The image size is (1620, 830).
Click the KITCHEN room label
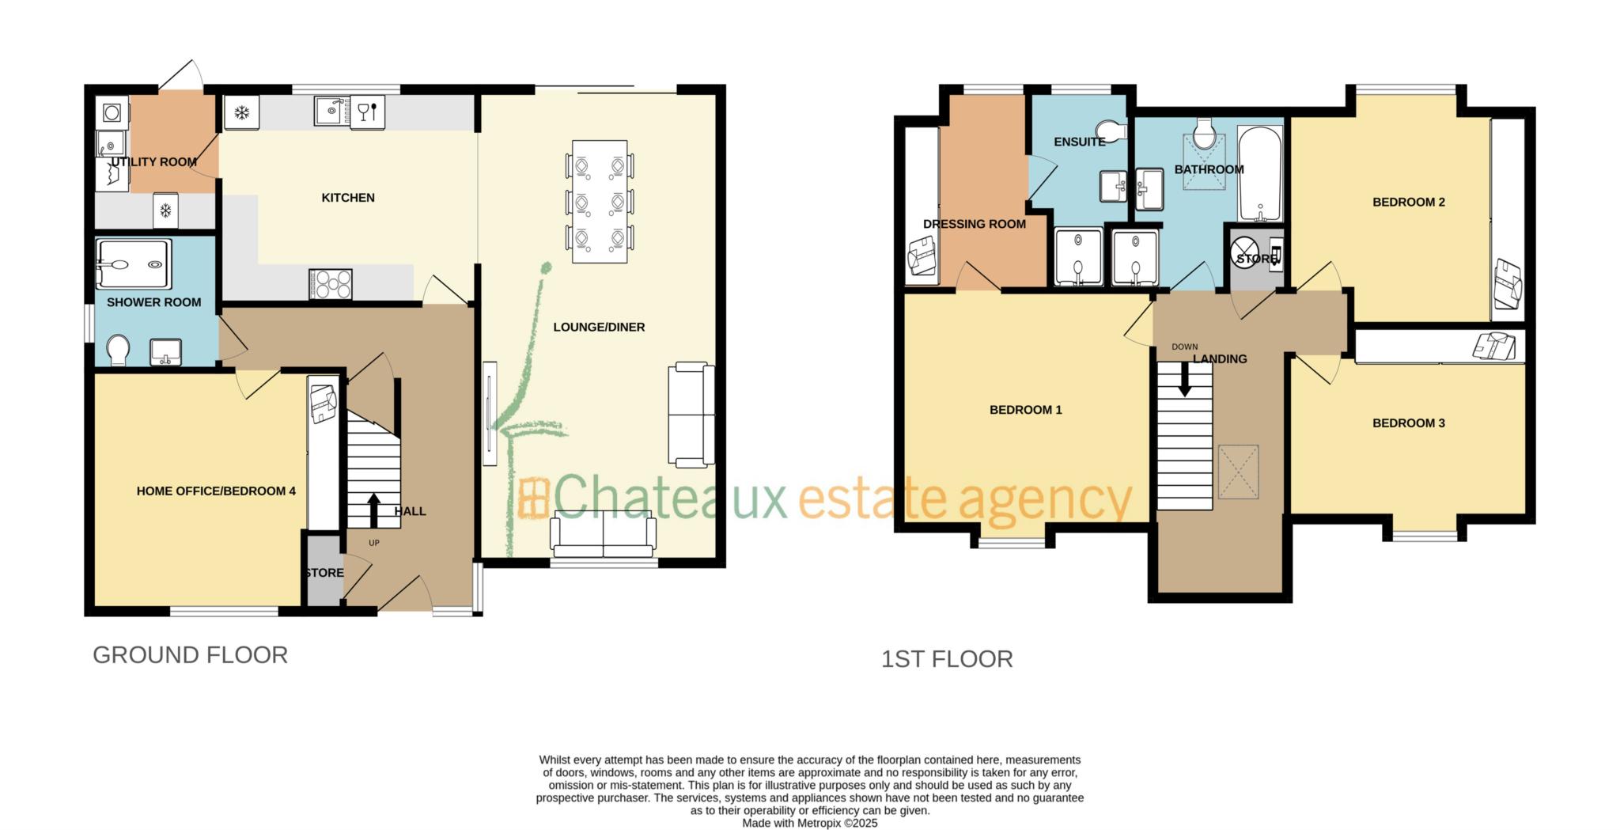pyautogui.click(x=348, y=198)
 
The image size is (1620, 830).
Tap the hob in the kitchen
pyautogui.click(x=331, y=284)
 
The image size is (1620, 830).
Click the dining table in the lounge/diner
pyautogui.click(x=600, y=202)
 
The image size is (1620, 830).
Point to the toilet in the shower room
pyautogui.click(x=119, y=350)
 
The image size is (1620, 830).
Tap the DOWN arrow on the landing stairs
pyautogui.click(x=1184, y=384)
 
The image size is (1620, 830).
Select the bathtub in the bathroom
pyautogui.click(x=1259, y=175)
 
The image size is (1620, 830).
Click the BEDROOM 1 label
pyautogui.click(x=1025, y=410)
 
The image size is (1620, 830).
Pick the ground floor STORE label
pyautogui.click(x=324, y=573)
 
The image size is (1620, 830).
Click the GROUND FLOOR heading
pyautogui.click(x=190, y=655)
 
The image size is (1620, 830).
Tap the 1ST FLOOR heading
pyautogui.click(x=947, y=659)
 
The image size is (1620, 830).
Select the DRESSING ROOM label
pyautogui.click(x=974, y=224)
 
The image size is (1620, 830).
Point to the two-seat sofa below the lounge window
pyautogui.click(x=604, y=536)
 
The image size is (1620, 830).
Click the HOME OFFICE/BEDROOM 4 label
pyautogui.click(x=216, y=491)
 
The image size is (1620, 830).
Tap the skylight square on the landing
pyautogui.click(x=1238, y=472)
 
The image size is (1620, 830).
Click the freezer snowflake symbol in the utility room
pyautogui.click(x=165, y=210)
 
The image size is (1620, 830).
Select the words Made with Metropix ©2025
pyautogui.click(x=809, y=823)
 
